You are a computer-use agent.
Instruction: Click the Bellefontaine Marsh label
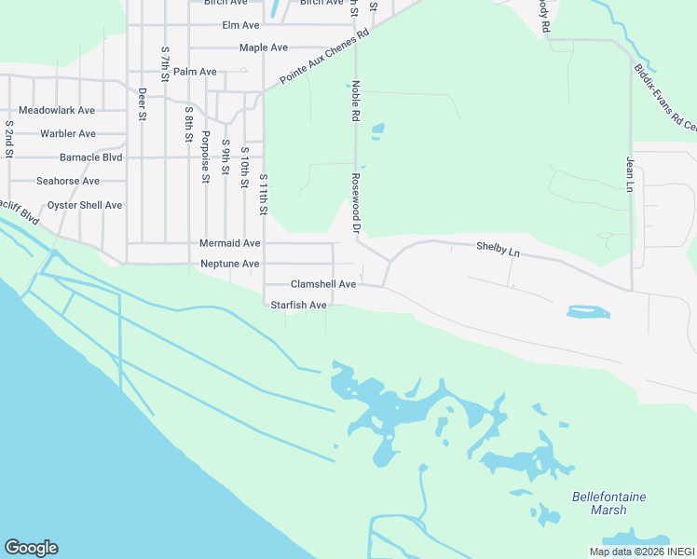coord(608,503)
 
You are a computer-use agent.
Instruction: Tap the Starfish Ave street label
coord(298,305)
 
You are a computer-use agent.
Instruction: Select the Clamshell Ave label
coord(323,284)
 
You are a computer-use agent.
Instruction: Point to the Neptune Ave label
coord(230,264)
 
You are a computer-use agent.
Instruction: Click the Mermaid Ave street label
coord(230,243)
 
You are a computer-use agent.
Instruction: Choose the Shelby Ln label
coord(497,249)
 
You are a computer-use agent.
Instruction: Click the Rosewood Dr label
coord(355,201)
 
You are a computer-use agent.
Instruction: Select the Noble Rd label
coord(355,102)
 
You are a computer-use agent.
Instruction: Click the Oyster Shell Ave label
coord(85,205)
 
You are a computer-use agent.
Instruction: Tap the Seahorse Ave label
coord(67,181)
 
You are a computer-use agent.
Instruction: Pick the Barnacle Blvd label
coord(91,157)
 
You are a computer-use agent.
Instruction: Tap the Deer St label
coord(142,104)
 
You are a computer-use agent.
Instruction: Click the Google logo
coord(31,548)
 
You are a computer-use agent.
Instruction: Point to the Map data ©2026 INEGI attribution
coord(642,552)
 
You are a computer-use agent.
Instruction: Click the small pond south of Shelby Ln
coord(588,312)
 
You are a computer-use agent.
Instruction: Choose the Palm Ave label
coord(195,72)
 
